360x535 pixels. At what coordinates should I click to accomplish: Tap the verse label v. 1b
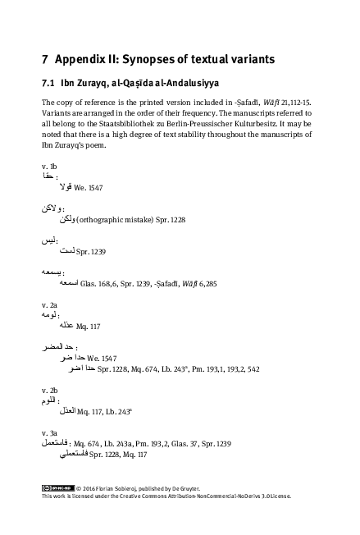coord(48,167)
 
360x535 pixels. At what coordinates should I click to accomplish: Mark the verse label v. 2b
coord(48,391)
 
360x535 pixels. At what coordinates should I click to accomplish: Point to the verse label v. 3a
coord(48,432)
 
